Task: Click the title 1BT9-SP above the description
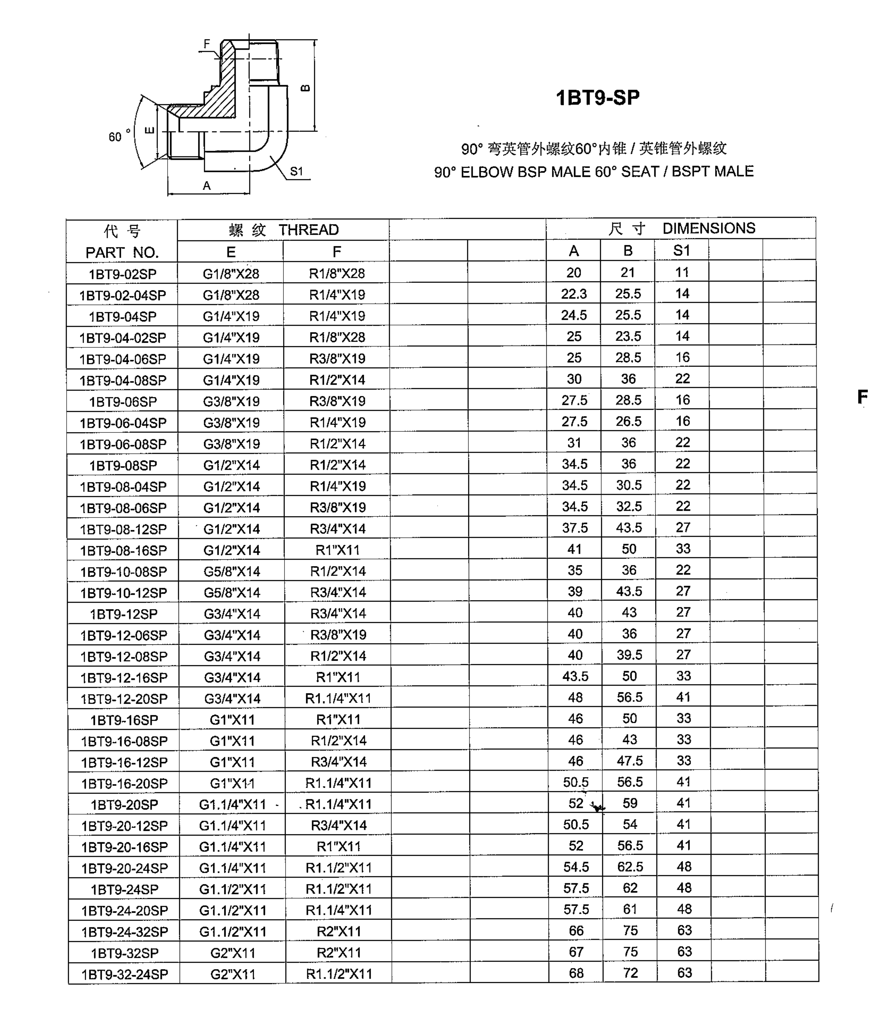[x=597, y=98]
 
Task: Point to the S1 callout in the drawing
[x=297, y=171]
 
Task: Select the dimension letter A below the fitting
[x=207, y=186]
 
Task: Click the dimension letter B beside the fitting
[x=305, y=88]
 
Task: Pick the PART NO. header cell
[x=122, y=252]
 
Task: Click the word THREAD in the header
[x=309, y=230]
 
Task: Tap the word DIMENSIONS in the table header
[x=708, y=228]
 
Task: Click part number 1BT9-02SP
[x=122, y=274]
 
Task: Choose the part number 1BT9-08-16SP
[x=124, y=550]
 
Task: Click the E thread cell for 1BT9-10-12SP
[x=232, y=592]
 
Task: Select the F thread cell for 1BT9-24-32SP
[x=339, y=932]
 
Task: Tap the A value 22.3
[x=574, y=294]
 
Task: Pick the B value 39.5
[x=629, y=655]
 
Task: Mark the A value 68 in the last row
[x=576, y=973]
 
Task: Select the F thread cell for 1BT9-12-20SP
[x=338, y=698]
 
